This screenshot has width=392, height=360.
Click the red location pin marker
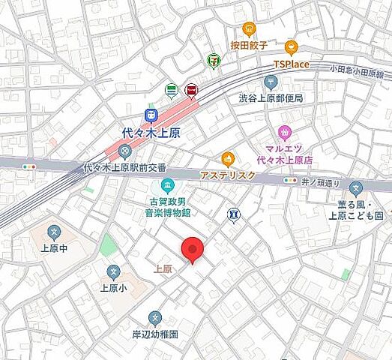click(193, 249)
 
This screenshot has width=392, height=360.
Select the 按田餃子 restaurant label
click(250, 45)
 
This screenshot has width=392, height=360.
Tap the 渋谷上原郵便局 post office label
click(271, 98)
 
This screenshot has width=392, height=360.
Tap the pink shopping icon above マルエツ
click(284, 133)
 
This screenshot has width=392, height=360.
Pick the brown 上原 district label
click(164, 268)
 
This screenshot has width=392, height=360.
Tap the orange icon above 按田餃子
click(250, 29)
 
